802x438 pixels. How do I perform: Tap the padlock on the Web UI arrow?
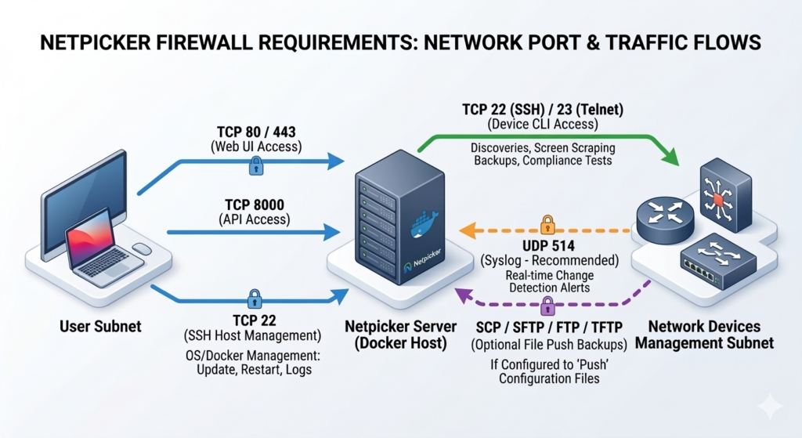(x=255, y=165)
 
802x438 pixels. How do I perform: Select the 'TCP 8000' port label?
(x=255, y=205)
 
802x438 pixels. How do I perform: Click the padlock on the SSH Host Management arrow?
(x=254, y=299)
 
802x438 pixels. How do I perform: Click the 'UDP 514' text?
(x=547, y=244)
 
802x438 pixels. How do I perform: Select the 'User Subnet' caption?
(x=100, y=325)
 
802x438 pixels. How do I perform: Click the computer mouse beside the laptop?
(x=142, y=249)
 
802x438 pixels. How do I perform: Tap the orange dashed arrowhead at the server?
(x=465, y=230)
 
